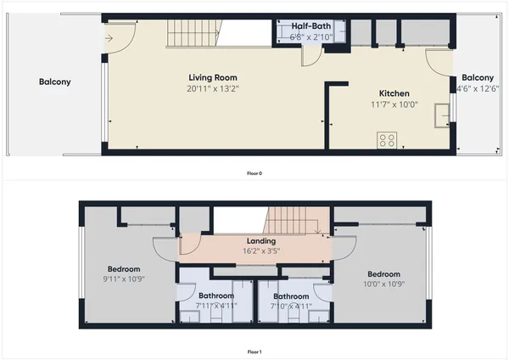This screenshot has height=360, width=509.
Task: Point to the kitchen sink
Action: tap(441, 115)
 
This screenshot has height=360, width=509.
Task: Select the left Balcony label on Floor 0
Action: tap(54, 82)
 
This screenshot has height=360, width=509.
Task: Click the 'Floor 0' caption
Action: tap(254, 172)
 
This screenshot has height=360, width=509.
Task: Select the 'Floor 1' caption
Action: tap(254, 351)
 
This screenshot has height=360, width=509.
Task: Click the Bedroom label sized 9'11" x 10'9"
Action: tap(124, 268)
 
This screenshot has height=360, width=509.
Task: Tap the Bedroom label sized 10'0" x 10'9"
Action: tap(383, 274)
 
